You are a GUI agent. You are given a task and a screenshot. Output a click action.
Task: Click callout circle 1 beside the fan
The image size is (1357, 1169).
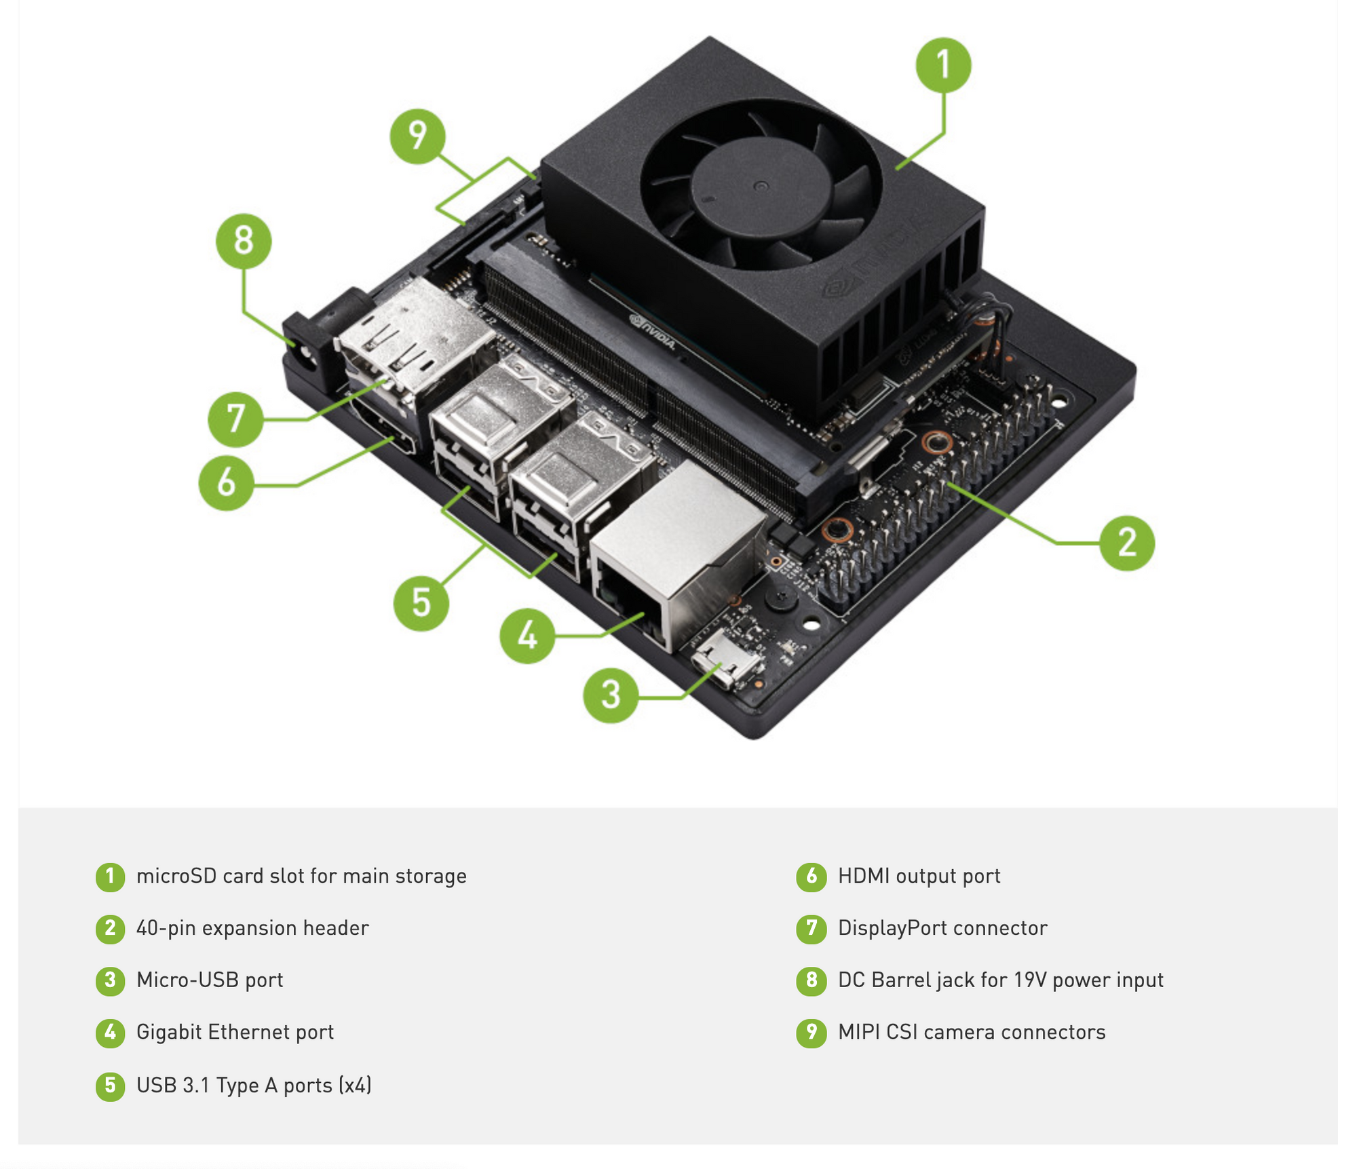point(943,65)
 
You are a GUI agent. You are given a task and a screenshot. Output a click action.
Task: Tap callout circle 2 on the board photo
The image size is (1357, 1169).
point(1127,543)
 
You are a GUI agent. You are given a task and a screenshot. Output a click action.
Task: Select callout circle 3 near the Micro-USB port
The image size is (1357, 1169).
point(611,695)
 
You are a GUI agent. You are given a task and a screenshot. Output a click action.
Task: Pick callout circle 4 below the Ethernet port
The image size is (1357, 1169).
point(527,636)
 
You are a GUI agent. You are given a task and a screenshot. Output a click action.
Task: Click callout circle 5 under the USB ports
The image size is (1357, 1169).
point(421,603)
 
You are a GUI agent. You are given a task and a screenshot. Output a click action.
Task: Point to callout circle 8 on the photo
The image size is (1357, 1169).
point(244,241)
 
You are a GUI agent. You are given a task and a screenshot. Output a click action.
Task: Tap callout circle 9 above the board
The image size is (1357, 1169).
point(418,136)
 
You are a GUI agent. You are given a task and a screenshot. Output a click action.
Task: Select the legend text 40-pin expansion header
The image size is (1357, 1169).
point(252,928)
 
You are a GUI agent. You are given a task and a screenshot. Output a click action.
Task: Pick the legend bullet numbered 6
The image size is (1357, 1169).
point(811,877)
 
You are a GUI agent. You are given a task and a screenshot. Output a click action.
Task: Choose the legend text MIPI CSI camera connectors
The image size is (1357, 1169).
point(972,1032)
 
